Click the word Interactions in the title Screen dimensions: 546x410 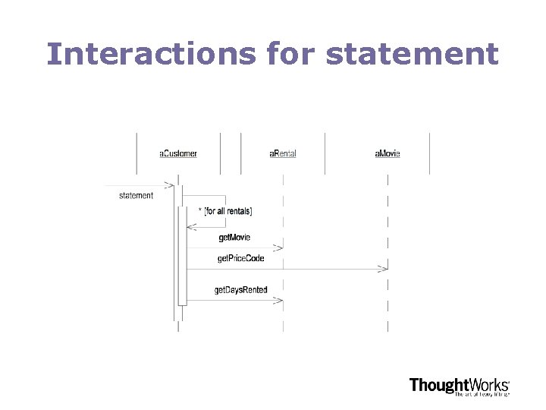152,54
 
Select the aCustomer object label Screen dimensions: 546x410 178,153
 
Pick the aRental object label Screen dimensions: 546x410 283,153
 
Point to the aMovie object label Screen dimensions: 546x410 387,153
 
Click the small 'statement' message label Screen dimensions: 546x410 136,196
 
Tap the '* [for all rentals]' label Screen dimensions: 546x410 225,210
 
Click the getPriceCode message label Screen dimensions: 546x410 240,259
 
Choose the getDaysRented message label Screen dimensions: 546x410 240,290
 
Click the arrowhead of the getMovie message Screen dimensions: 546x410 279,248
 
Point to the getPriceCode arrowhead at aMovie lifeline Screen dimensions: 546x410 384,269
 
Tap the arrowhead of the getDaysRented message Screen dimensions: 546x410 279,301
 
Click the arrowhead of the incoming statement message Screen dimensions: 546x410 170,185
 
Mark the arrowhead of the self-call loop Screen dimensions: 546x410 191,227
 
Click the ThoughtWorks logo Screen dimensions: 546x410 459,385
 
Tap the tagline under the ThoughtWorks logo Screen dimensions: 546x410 482,394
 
